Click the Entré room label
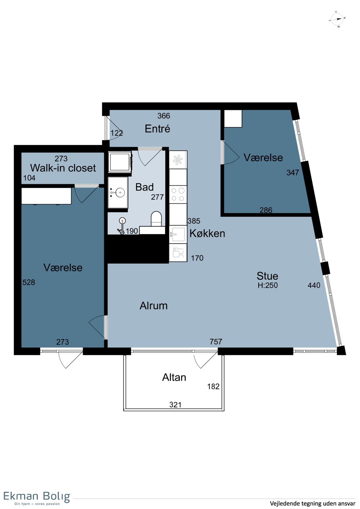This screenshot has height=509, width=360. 157,129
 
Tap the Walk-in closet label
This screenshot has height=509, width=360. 63,168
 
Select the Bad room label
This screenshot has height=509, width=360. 145,187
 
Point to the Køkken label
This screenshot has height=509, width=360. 207,233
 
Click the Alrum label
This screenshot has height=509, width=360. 154,306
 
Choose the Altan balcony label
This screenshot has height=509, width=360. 174,377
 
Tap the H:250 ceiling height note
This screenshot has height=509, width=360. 268,285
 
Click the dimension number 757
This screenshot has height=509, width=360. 216,342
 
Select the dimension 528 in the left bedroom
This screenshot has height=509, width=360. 28,282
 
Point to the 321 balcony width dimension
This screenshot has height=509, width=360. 175,405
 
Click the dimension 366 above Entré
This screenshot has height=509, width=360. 163,116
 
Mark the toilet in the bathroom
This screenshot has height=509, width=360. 156,219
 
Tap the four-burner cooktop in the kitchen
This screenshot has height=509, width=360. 178,194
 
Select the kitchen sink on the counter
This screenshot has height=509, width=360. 178,234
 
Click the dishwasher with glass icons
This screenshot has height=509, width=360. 178,253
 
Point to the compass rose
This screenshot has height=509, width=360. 337,19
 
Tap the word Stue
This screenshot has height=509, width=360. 268,276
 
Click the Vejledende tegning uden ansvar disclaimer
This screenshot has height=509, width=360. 313,503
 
